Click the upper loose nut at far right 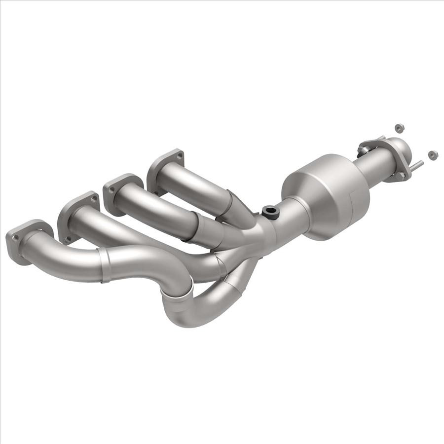click(399, 128)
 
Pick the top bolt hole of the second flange click(93, 198)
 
